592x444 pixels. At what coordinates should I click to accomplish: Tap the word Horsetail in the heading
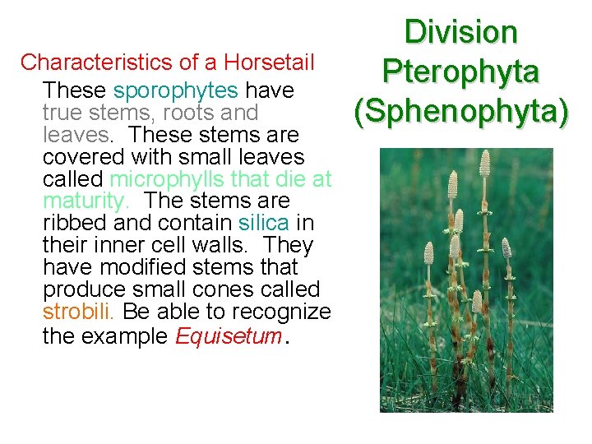(x=270, y=62)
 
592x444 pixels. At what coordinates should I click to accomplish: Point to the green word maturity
(x=86, y=201)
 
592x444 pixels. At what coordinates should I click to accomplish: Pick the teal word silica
(x=263, y=223)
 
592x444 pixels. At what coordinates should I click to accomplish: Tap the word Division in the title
(x=460, y=33)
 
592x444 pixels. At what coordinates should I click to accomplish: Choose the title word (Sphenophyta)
(x=460, y=110)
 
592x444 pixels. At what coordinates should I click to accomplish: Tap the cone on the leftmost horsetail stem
(x=428, y=253)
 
